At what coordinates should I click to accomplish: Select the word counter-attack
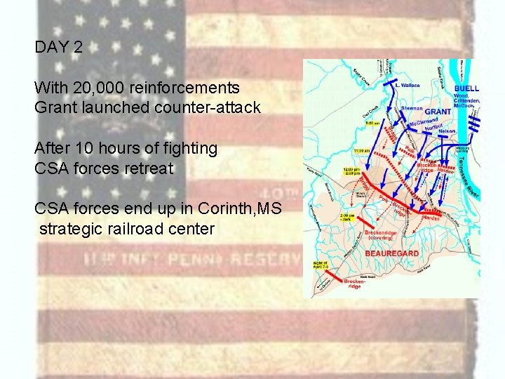tap(210, 108)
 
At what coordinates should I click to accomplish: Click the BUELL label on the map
tap(466, 88)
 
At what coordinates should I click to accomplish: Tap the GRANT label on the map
tap(438, 112)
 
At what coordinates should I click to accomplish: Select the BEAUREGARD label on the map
tap(392, 253)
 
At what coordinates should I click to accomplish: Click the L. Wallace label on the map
tap(408, 86)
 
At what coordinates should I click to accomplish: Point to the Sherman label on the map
tap(412, 109)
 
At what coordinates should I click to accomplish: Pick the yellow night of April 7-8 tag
tap(319, 267)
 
